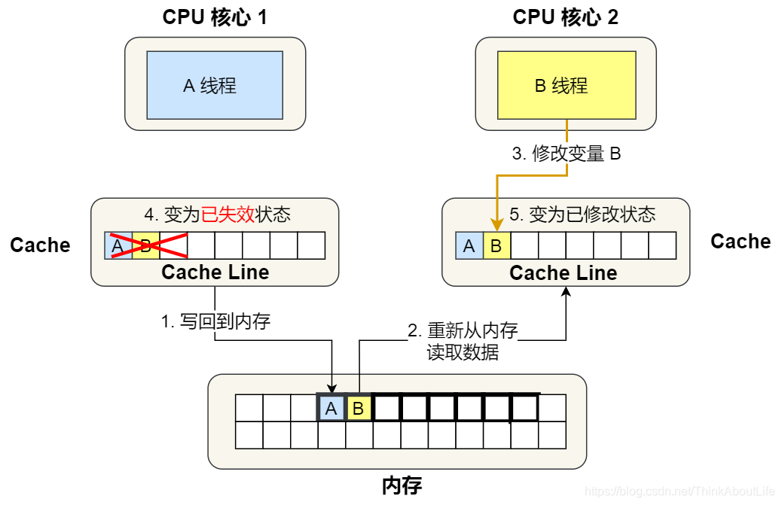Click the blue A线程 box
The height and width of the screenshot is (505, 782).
[215, 85]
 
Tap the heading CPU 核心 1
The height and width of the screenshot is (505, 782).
[215, 17]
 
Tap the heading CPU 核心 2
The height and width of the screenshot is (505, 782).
[566, 17]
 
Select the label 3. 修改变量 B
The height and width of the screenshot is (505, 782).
[566, 154]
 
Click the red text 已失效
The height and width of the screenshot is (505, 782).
[228, 214]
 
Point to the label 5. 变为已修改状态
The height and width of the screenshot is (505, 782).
[582, 214]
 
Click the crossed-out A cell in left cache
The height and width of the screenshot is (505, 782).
[118, 245]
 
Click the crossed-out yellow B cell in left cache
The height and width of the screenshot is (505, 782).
[145, 245]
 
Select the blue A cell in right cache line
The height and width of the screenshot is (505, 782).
[469, 245]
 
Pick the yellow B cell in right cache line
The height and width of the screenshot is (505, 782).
[496, 245]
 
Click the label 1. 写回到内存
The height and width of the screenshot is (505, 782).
[215, 321]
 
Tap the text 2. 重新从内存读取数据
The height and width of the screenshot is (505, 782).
[463, 341]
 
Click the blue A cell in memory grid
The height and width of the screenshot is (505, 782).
[331, 409]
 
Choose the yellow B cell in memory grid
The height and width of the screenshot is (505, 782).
[359, 409]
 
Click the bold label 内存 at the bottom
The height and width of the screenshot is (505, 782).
[402, 485]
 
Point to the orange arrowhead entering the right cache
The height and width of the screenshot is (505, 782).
[496, 225]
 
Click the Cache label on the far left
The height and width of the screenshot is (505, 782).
[40, 245]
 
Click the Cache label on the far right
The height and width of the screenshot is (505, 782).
[740, 242]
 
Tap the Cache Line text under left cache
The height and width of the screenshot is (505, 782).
[215, 272]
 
